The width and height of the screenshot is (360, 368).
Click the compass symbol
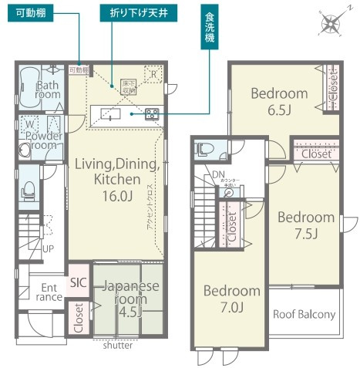point(331,25)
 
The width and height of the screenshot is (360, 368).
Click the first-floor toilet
point(29,187)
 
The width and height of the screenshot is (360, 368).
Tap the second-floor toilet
point(203,148)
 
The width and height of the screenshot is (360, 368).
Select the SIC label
point(78,282)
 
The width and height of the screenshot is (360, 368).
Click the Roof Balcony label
point(304,314)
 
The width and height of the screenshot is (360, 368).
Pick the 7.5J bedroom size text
point(306,234)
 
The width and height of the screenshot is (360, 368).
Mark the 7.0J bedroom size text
point(231,308)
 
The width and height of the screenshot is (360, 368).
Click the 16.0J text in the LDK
point(117,196)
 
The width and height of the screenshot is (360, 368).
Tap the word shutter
point(118,345)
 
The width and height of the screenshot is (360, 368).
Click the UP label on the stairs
point(49,249)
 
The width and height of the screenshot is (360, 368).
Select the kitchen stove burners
point(151,113)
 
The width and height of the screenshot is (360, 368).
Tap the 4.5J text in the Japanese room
point(128,314)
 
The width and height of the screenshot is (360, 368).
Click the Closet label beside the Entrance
point(79,317)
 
